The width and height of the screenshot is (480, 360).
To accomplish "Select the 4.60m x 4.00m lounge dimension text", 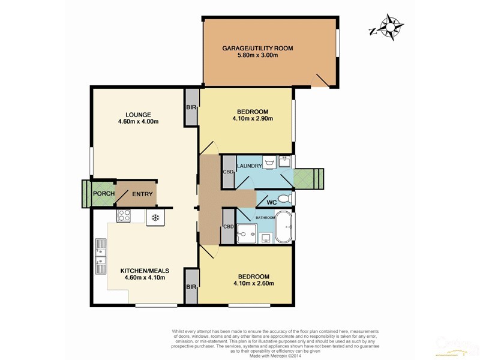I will point(138,122).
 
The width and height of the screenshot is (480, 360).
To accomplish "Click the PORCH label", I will point(103,194).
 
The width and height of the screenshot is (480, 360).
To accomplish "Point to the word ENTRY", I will point(142,194).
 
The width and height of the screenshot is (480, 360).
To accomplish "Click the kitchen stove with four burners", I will point(124,215).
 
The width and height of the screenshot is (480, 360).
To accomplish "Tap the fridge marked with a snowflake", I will point(155,217).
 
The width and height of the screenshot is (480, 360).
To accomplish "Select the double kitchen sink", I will point(100,254).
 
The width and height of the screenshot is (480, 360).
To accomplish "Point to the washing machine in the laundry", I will point(269,163).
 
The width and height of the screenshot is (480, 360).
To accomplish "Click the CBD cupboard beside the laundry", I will point(228,172).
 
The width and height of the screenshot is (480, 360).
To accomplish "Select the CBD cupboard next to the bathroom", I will point(228,227).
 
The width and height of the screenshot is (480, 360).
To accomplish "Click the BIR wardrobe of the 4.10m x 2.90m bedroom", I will point(191,107).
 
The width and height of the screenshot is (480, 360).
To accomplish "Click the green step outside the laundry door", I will point(308,178).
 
